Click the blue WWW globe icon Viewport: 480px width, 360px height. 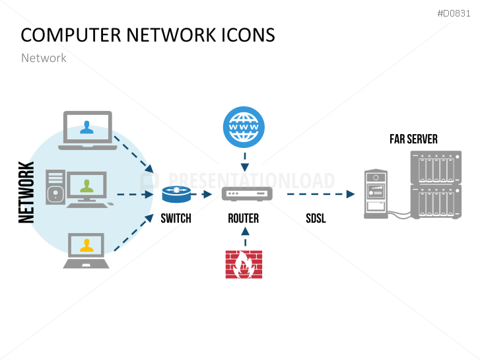[x=244, y=126]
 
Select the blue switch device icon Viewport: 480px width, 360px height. [x=176, y=194]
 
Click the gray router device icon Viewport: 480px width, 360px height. [x=246, y=194]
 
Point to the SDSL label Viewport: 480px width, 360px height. [x=316, y=218]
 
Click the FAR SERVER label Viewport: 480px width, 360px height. [x=413, y=139]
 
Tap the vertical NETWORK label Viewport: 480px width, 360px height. [x=27, y=192]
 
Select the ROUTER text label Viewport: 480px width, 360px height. [x=243, y=218]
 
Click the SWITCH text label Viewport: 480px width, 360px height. [x=176, y=218]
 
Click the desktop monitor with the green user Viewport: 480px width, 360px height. [x=87, y=189]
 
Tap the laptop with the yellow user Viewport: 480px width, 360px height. [x=86, y=250]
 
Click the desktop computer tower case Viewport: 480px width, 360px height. [x=55, y=186]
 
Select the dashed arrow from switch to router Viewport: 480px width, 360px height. [x=202, y=194]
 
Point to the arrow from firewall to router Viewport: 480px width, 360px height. [x=244, y=236]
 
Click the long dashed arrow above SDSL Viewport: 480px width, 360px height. [x=316, y=194]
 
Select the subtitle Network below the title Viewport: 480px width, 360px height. [x=44, y=58]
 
